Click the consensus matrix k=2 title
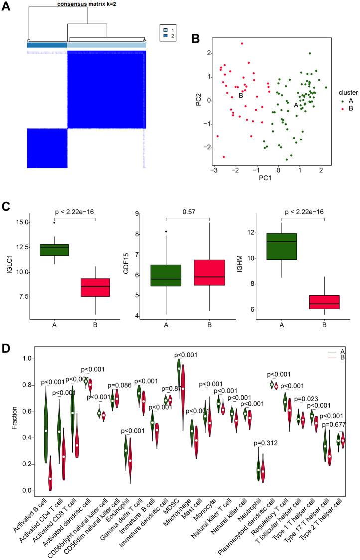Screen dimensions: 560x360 [87, 3]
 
